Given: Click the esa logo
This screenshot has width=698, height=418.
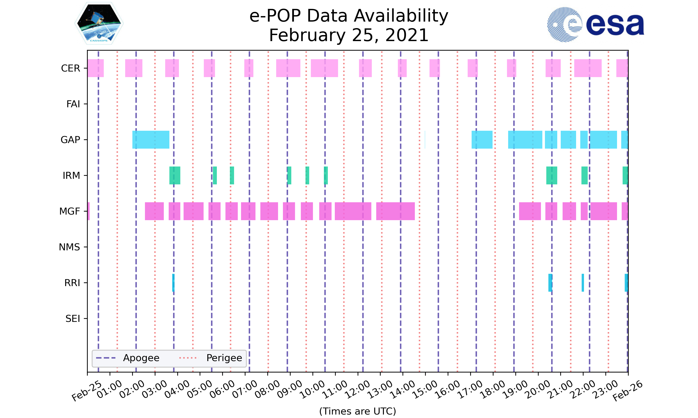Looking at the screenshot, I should tap(595, 25).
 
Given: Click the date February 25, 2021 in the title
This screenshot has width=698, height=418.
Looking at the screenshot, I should tap(349, 35).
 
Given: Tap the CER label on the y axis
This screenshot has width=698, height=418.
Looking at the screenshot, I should tap(70, 68).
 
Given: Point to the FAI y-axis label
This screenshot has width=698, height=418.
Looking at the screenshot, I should tap(73, 104).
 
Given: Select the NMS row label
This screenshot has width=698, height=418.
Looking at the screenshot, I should tap(69, 247).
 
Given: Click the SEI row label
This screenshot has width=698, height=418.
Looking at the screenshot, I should tap(73, 319).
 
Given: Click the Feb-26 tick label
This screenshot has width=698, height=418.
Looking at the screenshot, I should tap(628, 391).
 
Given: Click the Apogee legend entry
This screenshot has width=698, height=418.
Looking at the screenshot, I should tap(141, 358).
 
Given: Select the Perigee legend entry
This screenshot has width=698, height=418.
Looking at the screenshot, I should tap(224, 358).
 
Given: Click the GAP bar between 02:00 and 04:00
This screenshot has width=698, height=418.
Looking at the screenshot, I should tap(151, 140).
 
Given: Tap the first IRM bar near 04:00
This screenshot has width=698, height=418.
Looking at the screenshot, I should tap(175, 176).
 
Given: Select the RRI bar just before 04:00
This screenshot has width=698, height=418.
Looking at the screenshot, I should tap(173, 283).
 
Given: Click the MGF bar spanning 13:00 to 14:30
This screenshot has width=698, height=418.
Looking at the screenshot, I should tap(395, 211).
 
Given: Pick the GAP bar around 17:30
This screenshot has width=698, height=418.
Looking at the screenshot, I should tap(482, 140).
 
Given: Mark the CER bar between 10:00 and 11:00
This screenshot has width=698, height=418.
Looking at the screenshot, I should tap(324, 68).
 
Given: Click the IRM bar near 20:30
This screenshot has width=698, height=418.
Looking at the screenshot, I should tap(552, 176).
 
